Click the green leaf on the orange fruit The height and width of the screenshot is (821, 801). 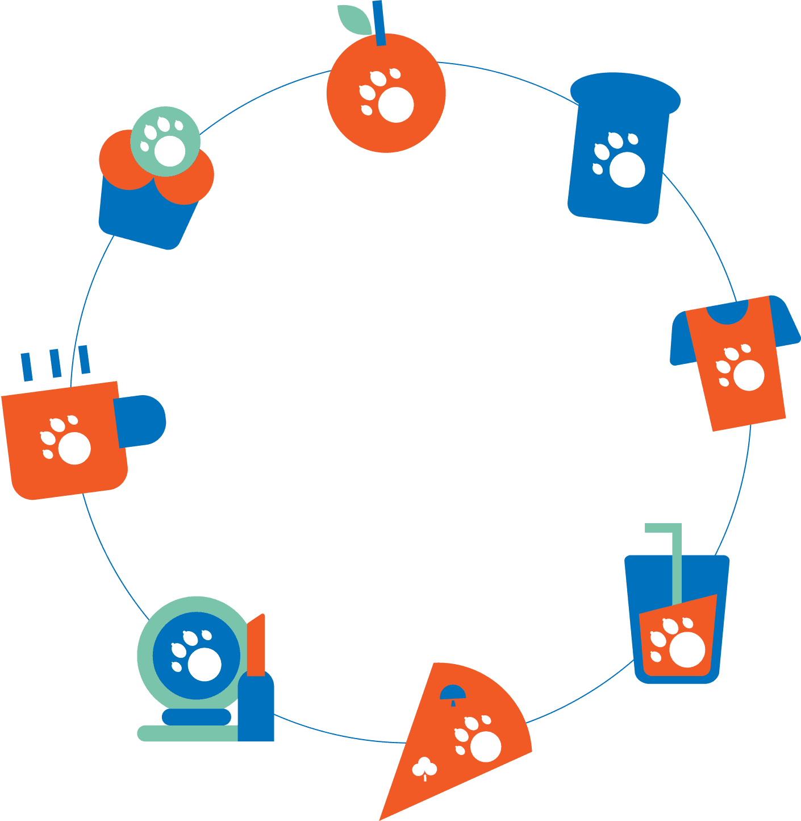pyautogui.click(x=354, y=19)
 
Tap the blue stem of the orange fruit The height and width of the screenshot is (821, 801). pyautogui.click(x=379, y=23)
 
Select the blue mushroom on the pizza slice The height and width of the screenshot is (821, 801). pyautogui.click(x=453, y=693)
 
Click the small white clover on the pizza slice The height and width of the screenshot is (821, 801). pyautogui.click(x=424, y=768)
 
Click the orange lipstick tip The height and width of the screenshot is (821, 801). pyautogui.click(x=257, y=645)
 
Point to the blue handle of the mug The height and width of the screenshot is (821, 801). pyautogui.click(x=142, y=420)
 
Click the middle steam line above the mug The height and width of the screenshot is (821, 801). pyautogui.click(x=56, y=364)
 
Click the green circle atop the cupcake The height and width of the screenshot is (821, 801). pyautogui.click(x=165, y=141)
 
